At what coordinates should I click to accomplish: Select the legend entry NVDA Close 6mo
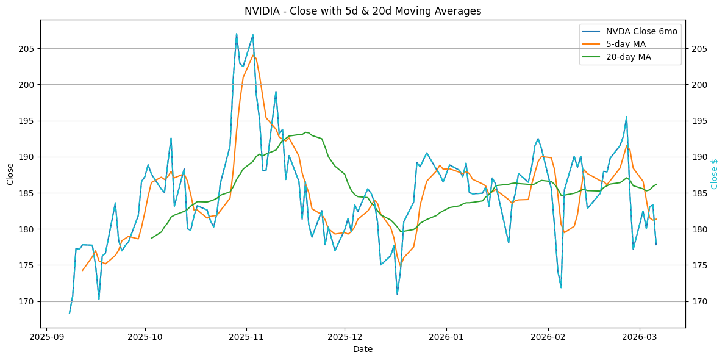coord(641,31)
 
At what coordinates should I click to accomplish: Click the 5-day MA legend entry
coord(626,44)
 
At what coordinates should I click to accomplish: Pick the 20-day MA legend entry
coord(628,57)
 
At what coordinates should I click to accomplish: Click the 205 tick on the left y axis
coord(29,49)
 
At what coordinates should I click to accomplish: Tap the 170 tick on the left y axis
coord(29,302)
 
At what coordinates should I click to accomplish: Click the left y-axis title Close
coord(10,173)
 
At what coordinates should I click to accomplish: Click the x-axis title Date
coord(363,349)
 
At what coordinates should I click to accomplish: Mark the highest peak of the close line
coord(237,34)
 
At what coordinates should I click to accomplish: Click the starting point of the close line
coord(70,314)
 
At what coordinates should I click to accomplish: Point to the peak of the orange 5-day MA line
coord(253,55)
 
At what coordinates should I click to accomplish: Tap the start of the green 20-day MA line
coord(151,239)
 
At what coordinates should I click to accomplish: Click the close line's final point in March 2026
coord(656,245)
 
